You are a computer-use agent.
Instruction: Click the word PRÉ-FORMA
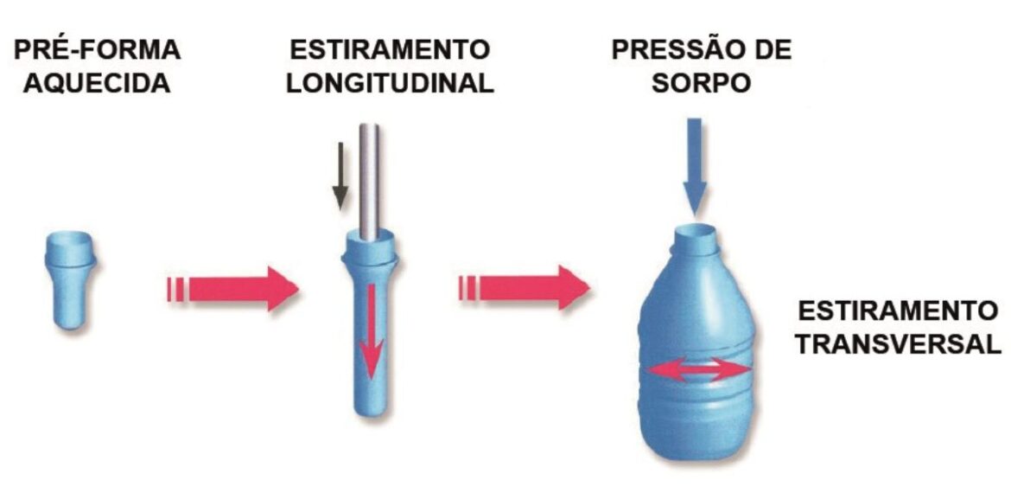pos(97,49)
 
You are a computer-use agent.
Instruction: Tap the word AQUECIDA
pos(97,83)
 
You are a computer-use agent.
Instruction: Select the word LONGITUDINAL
pos(390,83)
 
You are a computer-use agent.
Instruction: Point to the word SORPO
pos(702,83)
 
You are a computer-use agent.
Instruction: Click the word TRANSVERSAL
pos(898,343)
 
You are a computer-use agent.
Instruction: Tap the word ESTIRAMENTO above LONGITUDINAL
pos(390,49)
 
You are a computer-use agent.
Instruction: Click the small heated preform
pos(70,280)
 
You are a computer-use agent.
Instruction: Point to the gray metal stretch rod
pos(369,182)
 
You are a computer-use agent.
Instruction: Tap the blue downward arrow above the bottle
pos(695,166)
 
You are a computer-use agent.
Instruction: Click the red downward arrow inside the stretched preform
pos(371,331)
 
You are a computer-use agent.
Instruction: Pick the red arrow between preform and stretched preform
pos(232,288)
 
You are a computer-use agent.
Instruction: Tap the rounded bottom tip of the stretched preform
pos(371,408)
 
